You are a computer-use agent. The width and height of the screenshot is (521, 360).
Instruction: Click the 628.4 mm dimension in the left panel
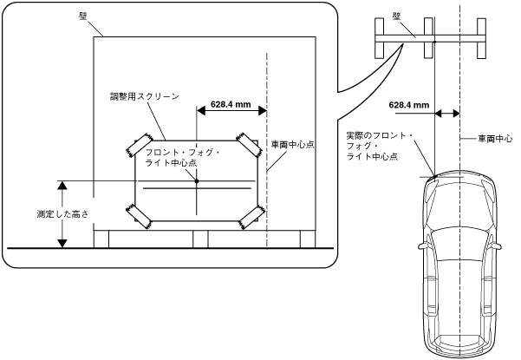(231, 106)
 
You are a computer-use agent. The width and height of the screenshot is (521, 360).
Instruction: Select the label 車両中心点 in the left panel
(292, 145)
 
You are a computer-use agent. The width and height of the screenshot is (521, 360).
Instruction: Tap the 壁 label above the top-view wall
(420, 15)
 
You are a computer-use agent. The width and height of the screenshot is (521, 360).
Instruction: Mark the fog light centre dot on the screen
(199, 180)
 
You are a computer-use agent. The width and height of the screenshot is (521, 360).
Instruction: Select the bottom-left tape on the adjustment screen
(138, 213)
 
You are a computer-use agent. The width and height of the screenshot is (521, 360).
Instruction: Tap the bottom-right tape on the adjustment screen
(253, 214)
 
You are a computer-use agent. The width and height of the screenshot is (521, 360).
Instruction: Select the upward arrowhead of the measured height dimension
(62, 185)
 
